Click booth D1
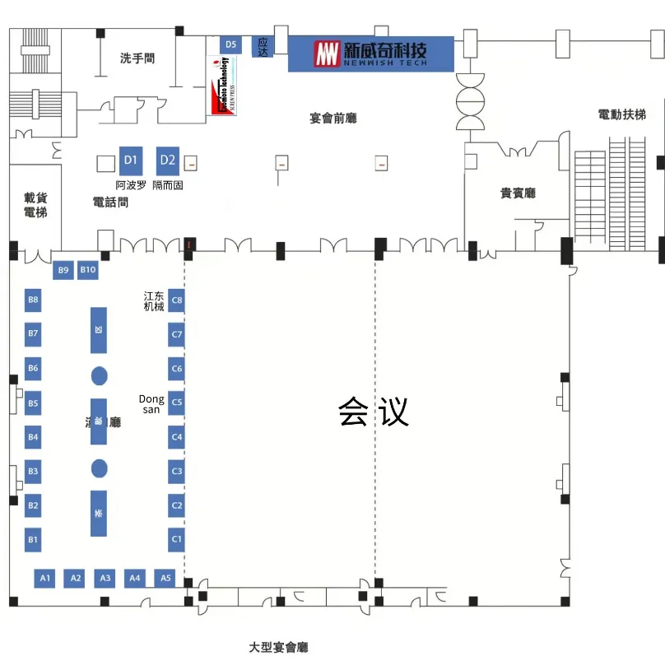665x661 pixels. point(130,160)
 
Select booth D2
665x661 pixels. point(168,160)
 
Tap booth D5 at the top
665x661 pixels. point(230,44)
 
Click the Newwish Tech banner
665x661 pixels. point(370,54)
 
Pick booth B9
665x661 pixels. point(63,270)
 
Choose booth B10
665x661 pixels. point(88,270)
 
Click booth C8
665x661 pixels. point(176,300)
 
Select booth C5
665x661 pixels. point(176,403)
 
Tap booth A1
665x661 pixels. point(46,579)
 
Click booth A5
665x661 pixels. point(165,579)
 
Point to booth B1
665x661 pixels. point(33,540)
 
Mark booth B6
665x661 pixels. point(33,368)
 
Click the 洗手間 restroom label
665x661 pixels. point(137,58)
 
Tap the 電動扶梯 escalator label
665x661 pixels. point(621,114)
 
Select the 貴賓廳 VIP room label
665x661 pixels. point(518,193)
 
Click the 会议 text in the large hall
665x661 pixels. point(373,412)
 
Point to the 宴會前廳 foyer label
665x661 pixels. point(333,119)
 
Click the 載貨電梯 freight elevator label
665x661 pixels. point(35,205)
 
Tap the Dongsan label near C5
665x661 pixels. point(151,404)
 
